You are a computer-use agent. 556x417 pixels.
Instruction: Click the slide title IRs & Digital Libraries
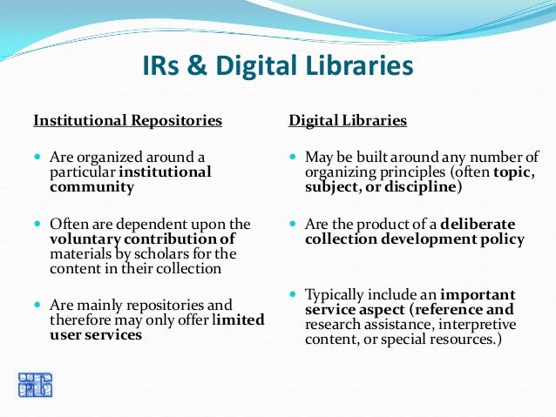tap(277, 68)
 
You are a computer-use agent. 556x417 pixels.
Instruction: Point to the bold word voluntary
tap(85, 239)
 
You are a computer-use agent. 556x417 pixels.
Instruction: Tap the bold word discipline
tap(421, 186)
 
